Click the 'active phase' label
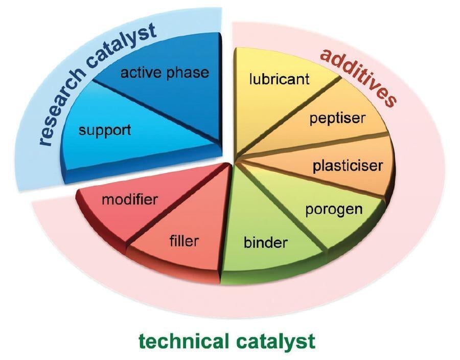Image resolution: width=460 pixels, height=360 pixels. point(165,73)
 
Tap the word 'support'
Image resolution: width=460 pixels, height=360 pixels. point(105,130)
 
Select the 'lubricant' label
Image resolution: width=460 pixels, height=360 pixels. point(279,79)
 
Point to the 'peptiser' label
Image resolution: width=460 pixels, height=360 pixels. point(337,119)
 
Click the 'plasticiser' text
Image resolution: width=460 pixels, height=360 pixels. point(348,166)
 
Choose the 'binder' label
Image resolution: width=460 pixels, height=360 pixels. point(265,242)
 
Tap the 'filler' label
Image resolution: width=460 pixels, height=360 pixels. point(184,240)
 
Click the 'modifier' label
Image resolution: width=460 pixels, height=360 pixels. point(130,199)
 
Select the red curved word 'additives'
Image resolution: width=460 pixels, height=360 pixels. point(358,76)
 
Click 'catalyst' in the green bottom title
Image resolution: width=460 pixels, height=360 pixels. point(275,341)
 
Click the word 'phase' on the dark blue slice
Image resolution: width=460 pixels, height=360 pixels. point(188,73)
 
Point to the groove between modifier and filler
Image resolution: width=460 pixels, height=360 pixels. point(178,204)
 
